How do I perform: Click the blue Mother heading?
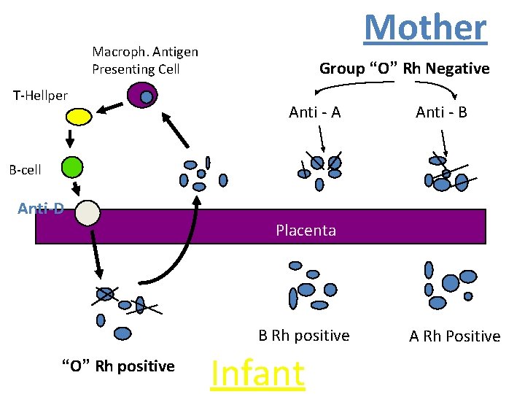[x=425, y=28]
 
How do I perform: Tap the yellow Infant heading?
[x=258, y=374]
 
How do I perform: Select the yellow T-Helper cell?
[x=79, y=117]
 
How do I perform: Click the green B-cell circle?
[x=72, y=167]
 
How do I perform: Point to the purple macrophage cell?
[x=142, y=95]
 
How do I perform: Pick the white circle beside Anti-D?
[x=87, y=213]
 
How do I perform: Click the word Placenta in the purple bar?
[x=306, y=231]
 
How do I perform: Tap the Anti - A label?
[x=315, y=112]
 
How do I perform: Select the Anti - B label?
[x=441, y=112]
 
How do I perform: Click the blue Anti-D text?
[x=41, y=209]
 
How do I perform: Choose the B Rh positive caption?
[x=304, y=336]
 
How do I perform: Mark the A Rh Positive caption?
[x=455, y=336]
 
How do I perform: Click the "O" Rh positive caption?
[x=119, y=366]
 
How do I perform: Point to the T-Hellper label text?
[x=40, y=96]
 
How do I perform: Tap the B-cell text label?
[x=25, y=170]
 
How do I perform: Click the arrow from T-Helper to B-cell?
[x=70, y=139]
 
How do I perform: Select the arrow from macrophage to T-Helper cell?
[x=109, y=108]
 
